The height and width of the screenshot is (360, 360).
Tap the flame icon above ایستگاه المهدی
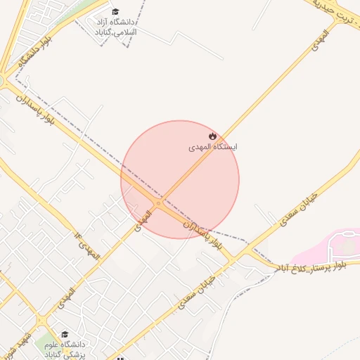point(212,135)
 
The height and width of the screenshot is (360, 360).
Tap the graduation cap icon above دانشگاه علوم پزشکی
point(65,335)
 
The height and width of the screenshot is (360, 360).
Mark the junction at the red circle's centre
point(160,204)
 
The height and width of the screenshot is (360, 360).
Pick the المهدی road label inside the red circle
point(142,219)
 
